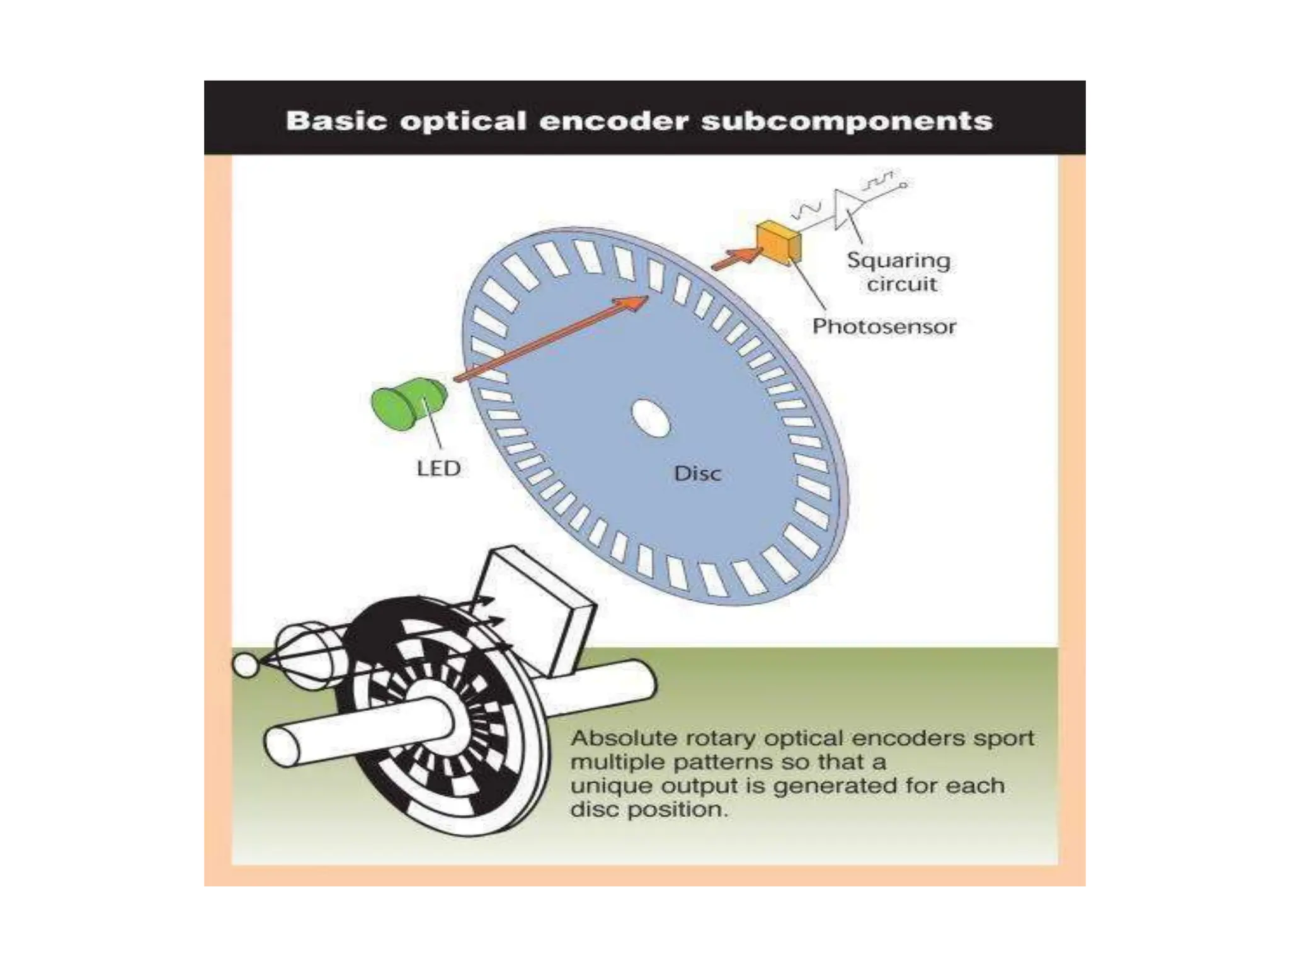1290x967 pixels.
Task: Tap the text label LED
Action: tap(439, 468)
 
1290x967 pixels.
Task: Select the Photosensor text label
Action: tap(884, 326)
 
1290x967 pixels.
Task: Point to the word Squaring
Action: tap(898, 260)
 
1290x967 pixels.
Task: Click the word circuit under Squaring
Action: tap(901, 285)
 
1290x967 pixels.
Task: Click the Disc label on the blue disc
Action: tap(697, 473)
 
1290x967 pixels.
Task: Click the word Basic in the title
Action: tap(336, 120)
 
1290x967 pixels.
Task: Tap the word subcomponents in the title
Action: tap(847, 120)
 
